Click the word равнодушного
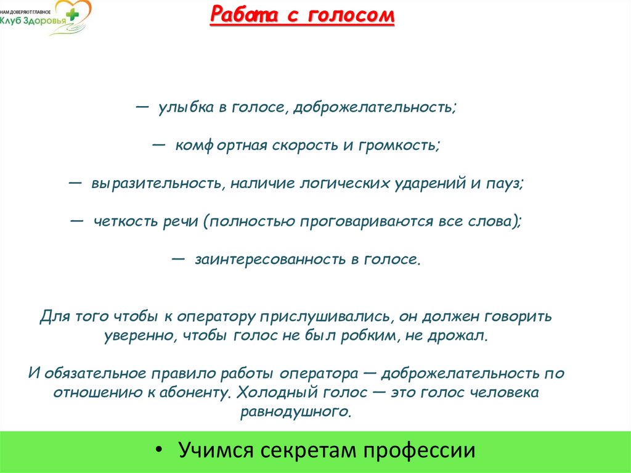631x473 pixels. coord(296,411)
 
